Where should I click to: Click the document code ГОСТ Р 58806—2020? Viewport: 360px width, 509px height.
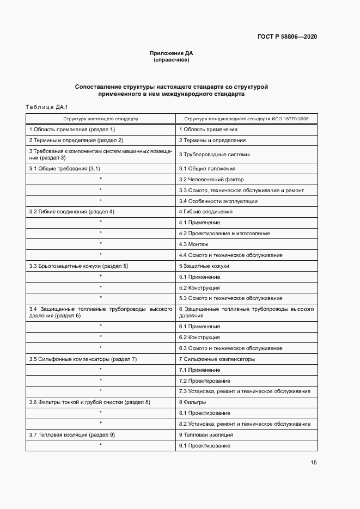(287, 36)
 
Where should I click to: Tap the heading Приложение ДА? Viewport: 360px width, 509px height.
(172, 53)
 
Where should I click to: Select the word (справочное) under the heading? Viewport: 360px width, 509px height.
(172, 60)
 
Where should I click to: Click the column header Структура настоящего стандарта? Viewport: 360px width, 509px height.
(100, 118)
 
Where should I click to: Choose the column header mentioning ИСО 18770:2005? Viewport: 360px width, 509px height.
(246, 118)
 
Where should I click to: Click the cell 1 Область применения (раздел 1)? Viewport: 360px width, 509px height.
(72, 130)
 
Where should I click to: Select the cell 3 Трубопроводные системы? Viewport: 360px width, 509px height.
(214, 155)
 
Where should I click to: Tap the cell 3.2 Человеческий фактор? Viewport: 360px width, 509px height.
(211, 180)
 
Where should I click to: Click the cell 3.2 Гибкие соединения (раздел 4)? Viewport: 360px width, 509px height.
(71, 211)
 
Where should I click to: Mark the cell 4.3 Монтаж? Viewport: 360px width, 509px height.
(194, 244)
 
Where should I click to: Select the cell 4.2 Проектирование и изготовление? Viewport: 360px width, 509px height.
(224, 234)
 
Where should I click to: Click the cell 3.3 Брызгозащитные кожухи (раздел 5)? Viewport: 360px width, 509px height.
(78, 266)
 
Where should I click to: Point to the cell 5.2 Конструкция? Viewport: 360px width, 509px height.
(199, 287)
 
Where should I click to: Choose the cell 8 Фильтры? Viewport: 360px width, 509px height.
(192, 402)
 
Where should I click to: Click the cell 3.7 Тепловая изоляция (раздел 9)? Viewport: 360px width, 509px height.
(71, 435)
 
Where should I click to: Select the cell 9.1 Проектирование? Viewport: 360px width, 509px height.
(204, 446)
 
